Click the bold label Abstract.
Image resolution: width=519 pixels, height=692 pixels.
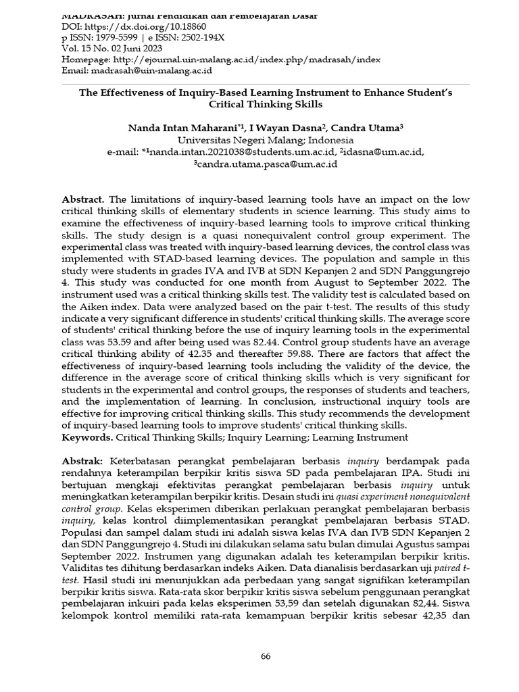(83, 200)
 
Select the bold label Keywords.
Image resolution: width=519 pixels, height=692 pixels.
(85, 438)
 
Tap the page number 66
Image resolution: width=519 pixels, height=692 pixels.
(266, 656)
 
